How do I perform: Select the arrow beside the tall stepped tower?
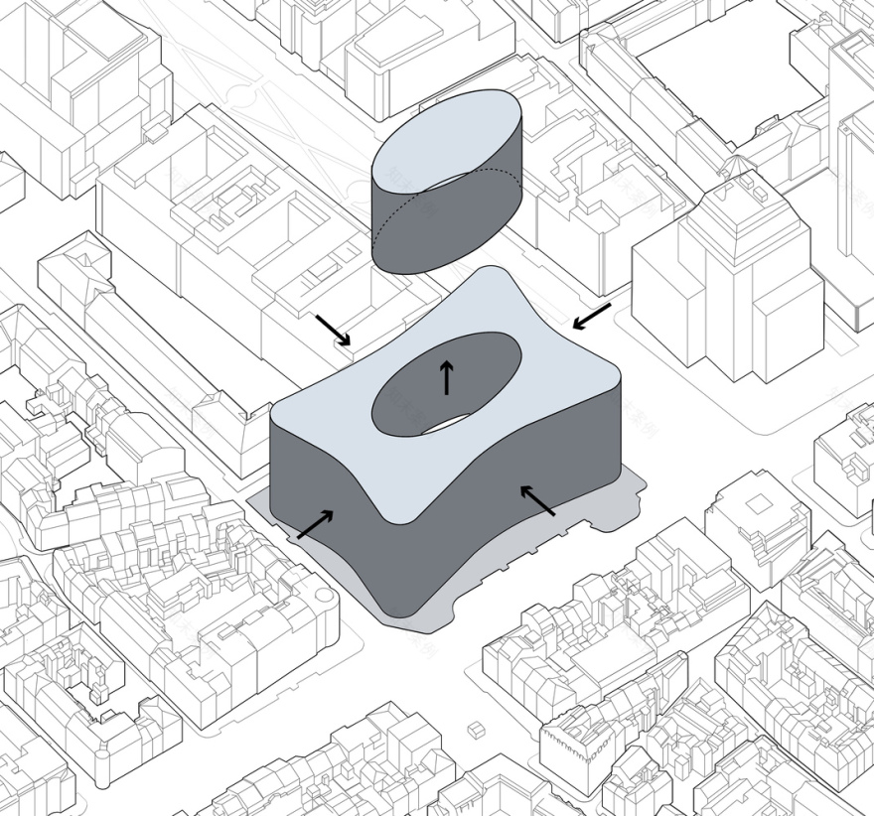tap(592, 317)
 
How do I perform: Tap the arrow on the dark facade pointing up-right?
tap(315, 524)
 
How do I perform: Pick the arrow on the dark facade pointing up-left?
tap(537, 500)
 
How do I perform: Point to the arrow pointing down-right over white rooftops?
tap(333, 330)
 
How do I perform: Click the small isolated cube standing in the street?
tap(476, 731)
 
